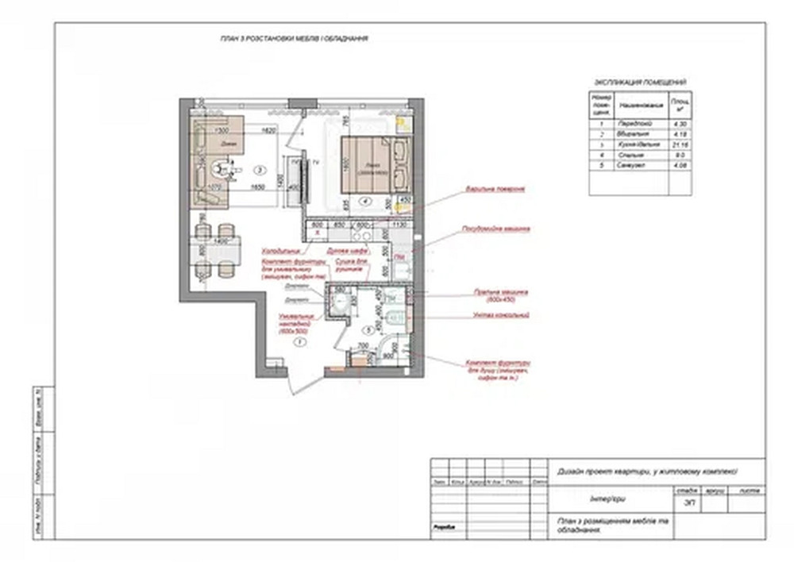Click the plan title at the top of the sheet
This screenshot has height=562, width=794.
(x=294, y=39)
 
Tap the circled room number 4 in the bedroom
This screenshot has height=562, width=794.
(x=364, y=201)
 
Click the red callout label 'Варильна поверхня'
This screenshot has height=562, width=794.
(x=495, y=190)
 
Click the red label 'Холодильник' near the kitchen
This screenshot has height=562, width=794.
(x=281, y=249)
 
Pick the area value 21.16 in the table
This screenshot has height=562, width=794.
(x=680, y=146)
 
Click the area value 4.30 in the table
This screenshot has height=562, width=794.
(x=680, y=125)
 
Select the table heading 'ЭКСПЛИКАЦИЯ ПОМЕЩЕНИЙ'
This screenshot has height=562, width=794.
(x=640, y=82)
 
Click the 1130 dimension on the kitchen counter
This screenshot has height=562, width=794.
(x=399, y=225)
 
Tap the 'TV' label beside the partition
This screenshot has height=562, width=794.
(x=315, y=162)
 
